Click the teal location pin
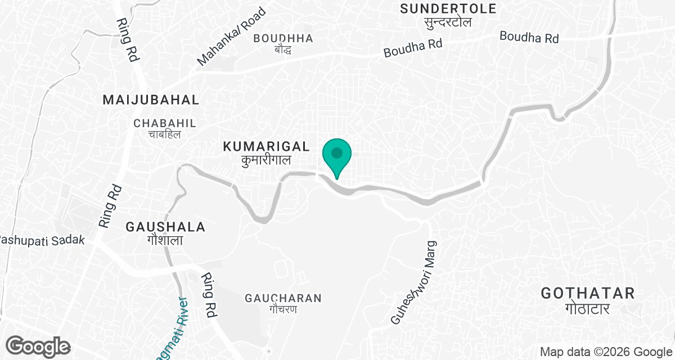(337, 156)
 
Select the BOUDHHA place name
(283, 38)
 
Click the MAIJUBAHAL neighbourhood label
(151, 100)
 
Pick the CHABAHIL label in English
(165, 123)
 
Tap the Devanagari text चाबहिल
(164, 135)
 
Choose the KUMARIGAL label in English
(266, 147)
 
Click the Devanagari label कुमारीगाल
(266, 160)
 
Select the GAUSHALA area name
(165, 227)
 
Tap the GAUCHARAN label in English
(283, 298)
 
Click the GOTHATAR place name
(588, 293)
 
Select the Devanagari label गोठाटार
(588, 309)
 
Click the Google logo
(38, 346)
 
